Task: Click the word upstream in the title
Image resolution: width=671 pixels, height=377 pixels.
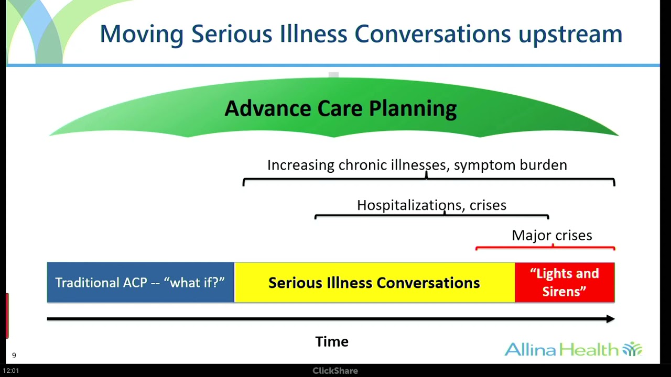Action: click(x=570, y=35)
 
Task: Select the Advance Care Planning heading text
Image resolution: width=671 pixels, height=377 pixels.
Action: click(x=340, y=108)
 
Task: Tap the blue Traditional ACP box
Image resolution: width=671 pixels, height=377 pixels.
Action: click(x=140, y=282)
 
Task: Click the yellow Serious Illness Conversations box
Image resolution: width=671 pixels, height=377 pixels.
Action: click(x=374, y=283)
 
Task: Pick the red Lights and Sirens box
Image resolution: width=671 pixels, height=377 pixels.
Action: click(x=564, y=282)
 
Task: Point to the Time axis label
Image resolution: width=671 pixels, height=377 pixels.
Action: click(x=332, y=342)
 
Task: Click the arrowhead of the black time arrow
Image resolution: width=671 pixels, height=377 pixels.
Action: click(x=610, y=319)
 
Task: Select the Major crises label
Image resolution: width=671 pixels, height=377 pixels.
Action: click(x=551, y=236)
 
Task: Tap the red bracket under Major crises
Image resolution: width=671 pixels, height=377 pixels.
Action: click(x=545, y=248)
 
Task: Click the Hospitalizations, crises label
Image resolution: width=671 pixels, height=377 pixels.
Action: click(x=431, y=205)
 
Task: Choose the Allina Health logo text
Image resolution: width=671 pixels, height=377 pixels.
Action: click(x=561, y=349)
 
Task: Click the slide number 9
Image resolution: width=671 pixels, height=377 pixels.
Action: click(x=14, y=356)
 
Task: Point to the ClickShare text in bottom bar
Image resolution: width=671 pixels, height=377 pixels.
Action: click(x=335, y=371)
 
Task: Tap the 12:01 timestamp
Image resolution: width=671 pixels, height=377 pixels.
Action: click(x=10, y=371)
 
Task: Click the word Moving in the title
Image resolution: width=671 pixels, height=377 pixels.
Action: click(x=142, y=35)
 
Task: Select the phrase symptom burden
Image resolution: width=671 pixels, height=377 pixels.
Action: click(x=510, y=165)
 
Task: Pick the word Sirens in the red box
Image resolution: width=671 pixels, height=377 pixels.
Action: click(x=563, y=291)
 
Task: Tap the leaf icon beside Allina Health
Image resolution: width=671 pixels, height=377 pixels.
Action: click(x=632, y=349)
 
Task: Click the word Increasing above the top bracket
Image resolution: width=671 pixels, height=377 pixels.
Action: click(x=300, y=165)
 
